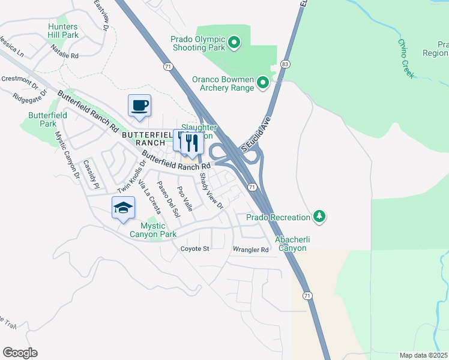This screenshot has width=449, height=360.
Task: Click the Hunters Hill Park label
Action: tap(63, 31)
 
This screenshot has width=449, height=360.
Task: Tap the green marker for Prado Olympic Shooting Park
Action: tap(235, 42)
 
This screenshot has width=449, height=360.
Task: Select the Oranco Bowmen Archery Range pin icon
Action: tap(262, 83)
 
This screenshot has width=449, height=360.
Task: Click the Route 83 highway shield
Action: tap(285, 64)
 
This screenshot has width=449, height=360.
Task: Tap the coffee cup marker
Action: tap(139, 106)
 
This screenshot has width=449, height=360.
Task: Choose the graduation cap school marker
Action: tap(124, 208)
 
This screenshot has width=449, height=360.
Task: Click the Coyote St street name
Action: tap(194, 248)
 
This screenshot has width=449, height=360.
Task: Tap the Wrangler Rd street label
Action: tap(250, 250)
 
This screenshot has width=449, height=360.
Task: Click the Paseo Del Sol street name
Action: tap(168, 199)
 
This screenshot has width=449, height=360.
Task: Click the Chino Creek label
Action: tap(406, 58)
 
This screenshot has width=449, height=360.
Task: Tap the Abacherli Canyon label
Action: tap(291, 244)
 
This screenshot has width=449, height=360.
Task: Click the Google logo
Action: tap(20, 353)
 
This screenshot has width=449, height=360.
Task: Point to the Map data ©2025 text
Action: tap(423, 355)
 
